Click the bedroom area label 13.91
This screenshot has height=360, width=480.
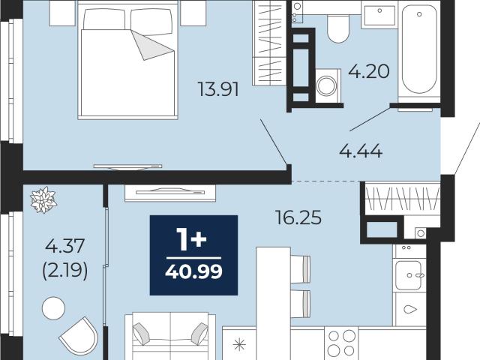218,89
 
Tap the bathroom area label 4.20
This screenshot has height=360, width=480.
369,71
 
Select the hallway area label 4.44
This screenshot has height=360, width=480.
361,151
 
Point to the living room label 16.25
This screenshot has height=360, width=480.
298,217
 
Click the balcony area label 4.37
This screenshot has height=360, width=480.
64,246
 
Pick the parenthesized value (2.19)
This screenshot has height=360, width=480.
65,271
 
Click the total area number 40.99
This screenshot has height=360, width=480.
193,271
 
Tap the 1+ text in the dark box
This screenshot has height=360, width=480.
193,240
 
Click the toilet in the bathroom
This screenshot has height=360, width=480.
338,28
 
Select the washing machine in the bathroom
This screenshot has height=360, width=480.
328,85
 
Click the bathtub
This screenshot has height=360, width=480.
419,50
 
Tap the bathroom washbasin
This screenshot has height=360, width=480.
379,15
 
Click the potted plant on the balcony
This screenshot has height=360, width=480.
43,200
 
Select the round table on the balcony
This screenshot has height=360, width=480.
53,308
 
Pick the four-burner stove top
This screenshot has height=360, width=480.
341,343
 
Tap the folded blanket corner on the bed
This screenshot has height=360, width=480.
152,45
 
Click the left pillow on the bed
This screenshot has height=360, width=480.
104,19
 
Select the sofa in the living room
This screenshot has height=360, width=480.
170,336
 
